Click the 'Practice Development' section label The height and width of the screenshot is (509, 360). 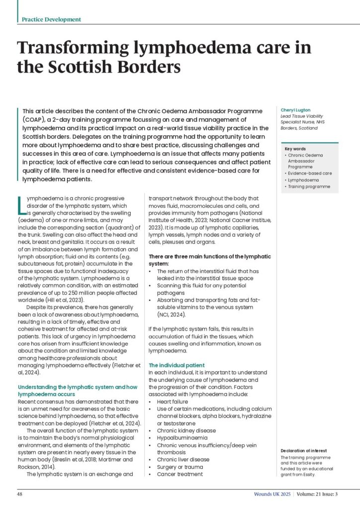click(x=51, y=19)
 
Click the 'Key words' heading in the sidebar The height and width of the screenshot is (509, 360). click(x=295, y=149)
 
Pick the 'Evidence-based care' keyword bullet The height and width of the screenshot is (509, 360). click(x=310, y=173)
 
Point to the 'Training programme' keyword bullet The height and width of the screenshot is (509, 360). click(x=309, y=186)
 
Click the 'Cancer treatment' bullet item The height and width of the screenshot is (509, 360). click(x=180, y=474)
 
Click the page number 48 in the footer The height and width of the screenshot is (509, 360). click(x=20, y=495)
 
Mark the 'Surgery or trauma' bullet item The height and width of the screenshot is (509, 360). click(x=180, y=467)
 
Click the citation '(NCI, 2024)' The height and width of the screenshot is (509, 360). click(x=173, y=314)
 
